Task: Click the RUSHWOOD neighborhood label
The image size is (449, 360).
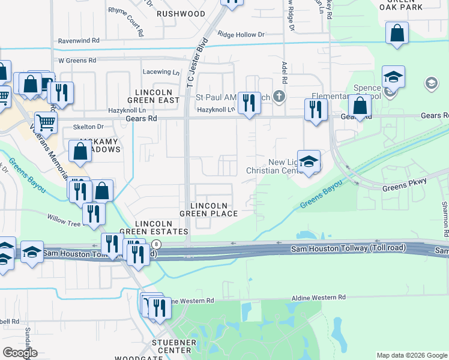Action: [x=181, y=13]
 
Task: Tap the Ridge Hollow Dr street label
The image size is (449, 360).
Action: [x=241, y=35]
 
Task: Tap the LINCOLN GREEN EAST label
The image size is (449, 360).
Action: [x=154, y=95]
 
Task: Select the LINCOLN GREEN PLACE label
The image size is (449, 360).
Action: [x=208, y=209]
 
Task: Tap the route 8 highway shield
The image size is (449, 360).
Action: [x=157, y=244]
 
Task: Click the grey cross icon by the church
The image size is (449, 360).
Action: [x=278, y=96]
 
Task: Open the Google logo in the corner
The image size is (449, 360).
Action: [x=20, y=353]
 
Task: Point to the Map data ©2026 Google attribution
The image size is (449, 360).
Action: [x=411, y=355]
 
